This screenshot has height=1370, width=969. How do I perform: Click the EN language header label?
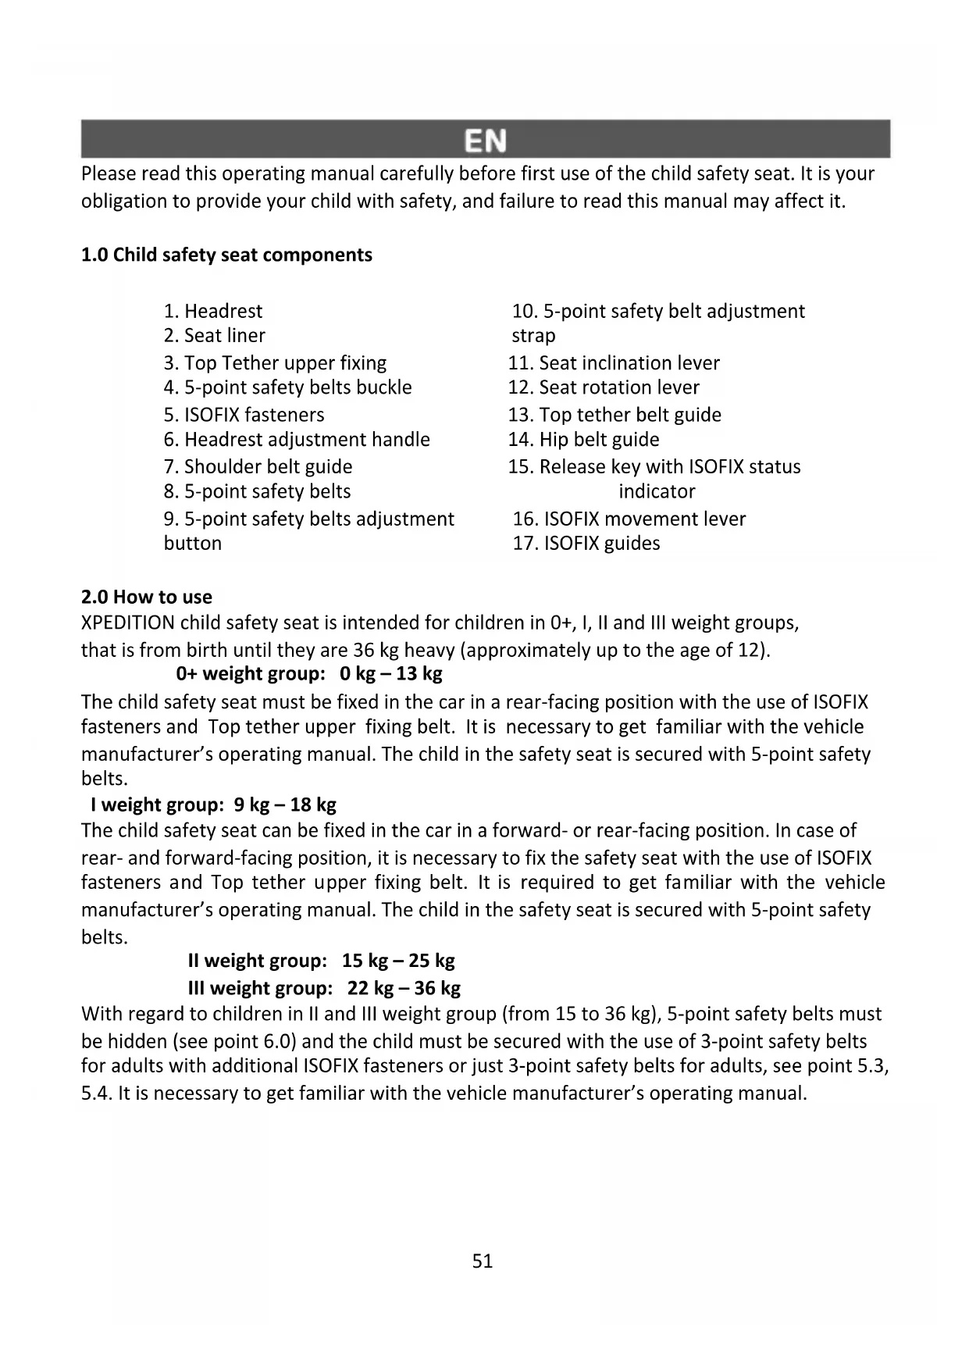[485, 141]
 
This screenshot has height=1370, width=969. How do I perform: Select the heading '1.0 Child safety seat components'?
[226, 255]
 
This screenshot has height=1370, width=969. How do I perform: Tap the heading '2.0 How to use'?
[147, 598]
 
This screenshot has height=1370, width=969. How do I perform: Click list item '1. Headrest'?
[213, 312]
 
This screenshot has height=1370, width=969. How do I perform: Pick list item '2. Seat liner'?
[215, 336]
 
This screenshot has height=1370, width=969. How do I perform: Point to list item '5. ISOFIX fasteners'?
[244, 415]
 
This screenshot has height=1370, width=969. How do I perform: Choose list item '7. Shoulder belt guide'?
[258, 467]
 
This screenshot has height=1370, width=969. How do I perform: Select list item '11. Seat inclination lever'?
[614, 363]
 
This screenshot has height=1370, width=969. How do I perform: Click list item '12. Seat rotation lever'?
[604, 387]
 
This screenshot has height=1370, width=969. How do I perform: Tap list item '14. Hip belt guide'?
[583, 440]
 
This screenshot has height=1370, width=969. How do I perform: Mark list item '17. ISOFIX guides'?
[586, 544]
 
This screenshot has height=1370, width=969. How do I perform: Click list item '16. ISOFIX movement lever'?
[629, 519]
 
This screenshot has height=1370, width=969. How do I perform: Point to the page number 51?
[483, 1261]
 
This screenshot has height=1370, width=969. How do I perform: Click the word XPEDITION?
[128, 623]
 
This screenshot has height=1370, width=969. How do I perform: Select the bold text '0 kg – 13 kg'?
[391, 673]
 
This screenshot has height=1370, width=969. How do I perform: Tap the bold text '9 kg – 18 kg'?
[285, 805]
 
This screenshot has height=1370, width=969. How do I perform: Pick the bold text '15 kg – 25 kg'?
[398, 961]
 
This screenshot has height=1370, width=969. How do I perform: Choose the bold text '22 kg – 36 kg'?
[404, 988]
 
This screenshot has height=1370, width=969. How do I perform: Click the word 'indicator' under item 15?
[657, 492]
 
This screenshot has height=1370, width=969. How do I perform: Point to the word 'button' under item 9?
[193, 544]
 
